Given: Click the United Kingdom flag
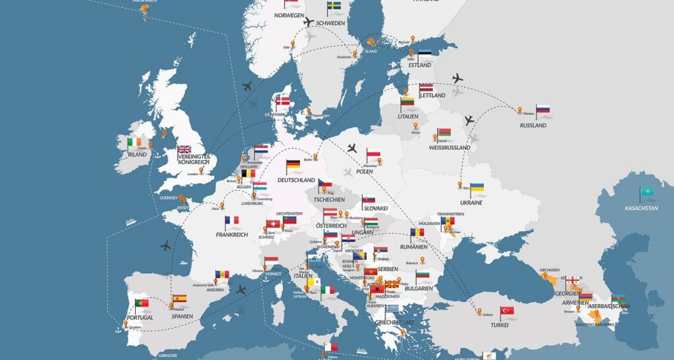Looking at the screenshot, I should [x=184, y=150].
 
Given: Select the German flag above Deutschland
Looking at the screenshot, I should [x=294, y=166].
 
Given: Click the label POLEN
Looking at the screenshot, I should [x=365, y=172].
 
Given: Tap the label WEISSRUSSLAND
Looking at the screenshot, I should [x=449, y=148].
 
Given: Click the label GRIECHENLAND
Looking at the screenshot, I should [x=395, y=322].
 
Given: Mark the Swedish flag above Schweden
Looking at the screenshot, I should [x=334, y=7].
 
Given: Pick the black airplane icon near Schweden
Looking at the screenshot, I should [x=308, y=22].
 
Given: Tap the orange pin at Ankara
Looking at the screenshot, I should [x=479, y=311].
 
